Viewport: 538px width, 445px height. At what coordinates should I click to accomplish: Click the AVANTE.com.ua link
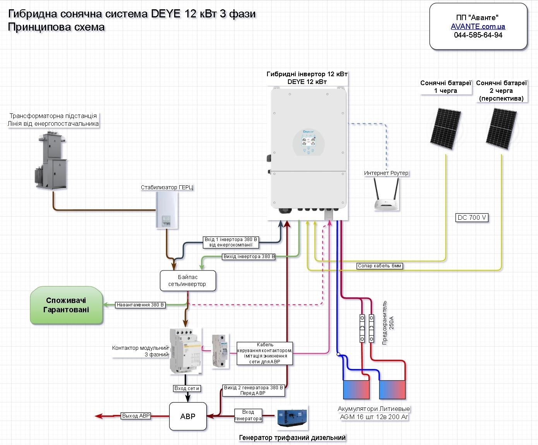[x=478, y=26]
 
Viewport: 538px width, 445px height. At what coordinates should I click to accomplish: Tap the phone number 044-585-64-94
[x=478, y=35]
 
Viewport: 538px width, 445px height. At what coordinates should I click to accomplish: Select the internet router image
[x=387, y=195]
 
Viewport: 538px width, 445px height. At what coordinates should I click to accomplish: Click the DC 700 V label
[x=472, y=217]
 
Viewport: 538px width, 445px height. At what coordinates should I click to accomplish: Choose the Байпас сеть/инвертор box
[x=188, y=281]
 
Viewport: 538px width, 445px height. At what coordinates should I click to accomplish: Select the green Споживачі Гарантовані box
[x=67, y=305]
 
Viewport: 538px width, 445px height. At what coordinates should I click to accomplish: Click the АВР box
[x=188, y=416]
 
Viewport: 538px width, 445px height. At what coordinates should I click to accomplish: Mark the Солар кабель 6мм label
[x=380, y=266]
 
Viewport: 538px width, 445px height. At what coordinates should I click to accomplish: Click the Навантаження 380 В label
[x=140, y=305]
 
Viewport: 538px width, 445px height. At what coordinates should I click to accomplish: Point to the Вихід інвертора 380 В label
[x=249, y=256]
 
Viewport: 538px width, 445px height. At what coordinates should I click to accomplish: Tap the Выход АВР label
[x=136, y=416]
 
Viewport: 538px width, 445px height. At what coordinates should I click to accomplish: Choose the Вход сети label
[x=187, y=388]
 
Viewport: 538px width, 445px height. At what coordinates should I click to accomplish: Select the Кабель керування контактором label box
[x=265, y=353]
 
